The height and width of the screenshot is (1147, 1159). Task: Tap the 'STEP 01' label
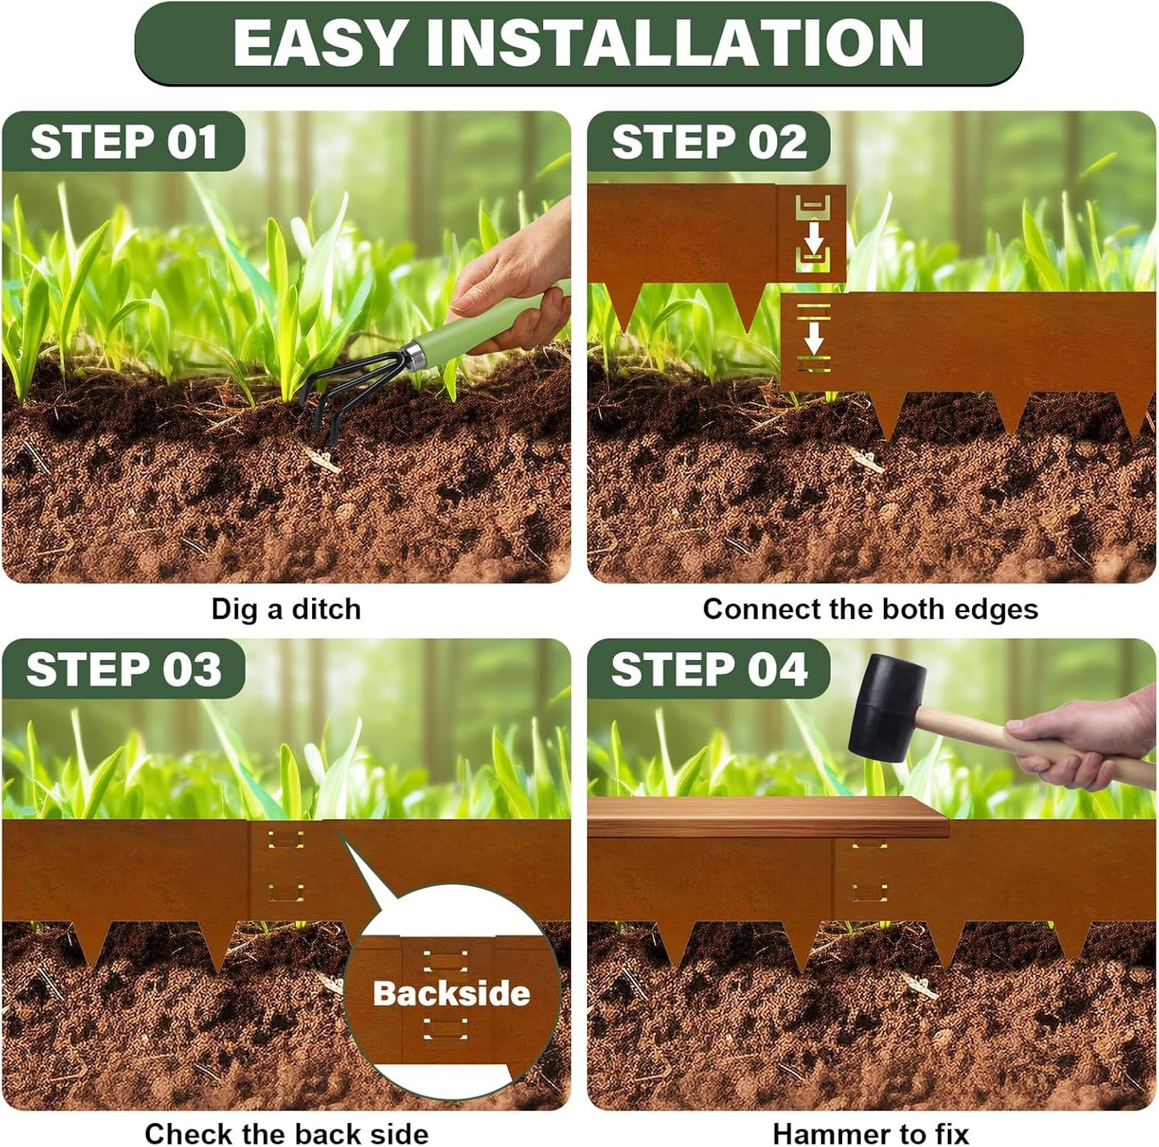(124, 142)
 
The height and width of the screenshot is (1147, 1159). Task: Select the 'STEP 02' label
(709, 142)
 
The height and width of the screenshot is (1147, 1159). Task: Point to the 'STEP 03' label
(124, 669)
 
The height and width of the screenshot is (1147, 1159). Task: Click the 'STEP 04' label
(709, 669)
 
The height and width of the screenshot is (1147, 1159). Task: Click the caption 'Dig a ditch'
(286, 609)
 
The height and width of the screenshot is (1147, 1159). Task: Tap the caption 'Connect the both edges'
(870, 609)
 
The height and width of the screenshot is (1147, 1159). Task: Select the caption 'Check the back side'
(286, 1133)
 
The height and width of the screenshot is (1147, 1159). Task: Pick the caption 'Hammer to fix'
(870, 1133)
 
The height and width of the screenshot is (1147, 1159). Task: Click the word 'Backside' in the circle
(451, 994)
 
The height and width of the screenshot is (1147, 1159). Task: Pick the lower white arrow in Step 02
(813, 337)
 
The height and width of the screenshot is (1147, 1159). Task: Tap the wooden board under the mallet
(766, 817)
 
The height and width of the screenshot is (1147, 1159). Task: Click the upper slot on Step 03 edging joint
(286, 840)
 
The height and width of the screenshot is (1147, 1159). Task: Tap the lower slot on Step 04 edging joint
(869, 892)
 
